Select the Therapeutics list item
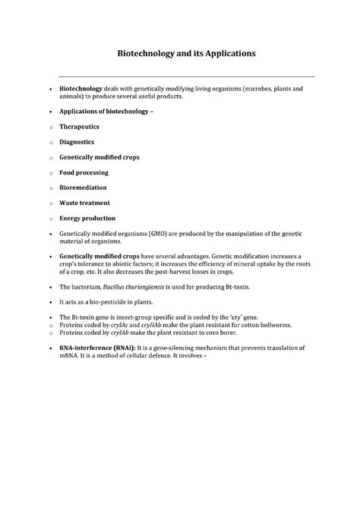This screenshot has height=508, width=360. [79, 127]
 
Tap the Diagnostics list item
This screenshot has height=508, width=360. [77, 141]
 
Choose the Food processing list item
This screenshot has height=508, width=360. [83, 172]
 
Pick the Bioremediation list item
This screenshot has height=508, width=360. [83, 187]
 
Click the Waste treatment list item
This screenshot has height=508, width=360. [84, 203]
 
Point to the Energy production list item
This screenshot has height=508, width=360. [88, 218]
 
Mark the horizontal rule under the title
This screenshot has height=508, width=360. [186, 76]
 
